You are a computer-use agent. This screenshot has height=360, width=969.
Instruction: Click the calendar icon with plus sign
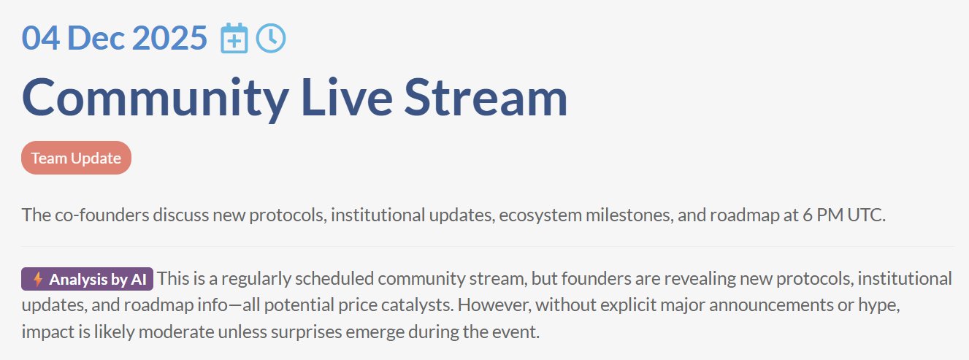point(234,38)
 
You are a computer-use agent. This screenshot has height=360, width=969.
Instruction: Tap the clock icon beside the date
point(271,38)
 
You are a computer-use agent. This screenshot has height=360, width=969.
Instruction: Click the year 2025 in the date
point(169,38)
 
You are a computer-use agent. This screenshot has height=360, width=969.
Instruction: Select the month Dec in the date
point(96,38)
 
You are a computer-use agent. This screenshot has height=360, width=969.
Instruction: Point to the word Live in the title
point(347,97)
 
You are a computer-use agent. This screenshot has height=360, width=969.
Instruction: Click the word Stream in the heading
point(486,97)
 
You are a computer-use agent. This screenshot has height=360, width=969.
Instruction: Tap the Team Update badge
point(76,158)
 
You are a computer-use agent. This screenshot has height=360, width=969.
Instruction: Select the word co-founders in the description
point(102,215)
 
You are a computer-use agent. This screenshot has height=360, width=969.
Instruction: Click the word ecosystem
point(540,215)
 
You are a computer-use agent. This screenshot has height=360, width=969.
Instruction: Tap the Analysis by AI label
point(87,279)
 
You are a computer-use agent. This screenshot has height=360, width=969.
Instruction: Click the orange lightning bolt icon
point(38,279)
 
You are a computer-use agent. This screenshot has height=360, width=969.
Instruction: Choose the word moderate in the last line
point(176,332)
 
